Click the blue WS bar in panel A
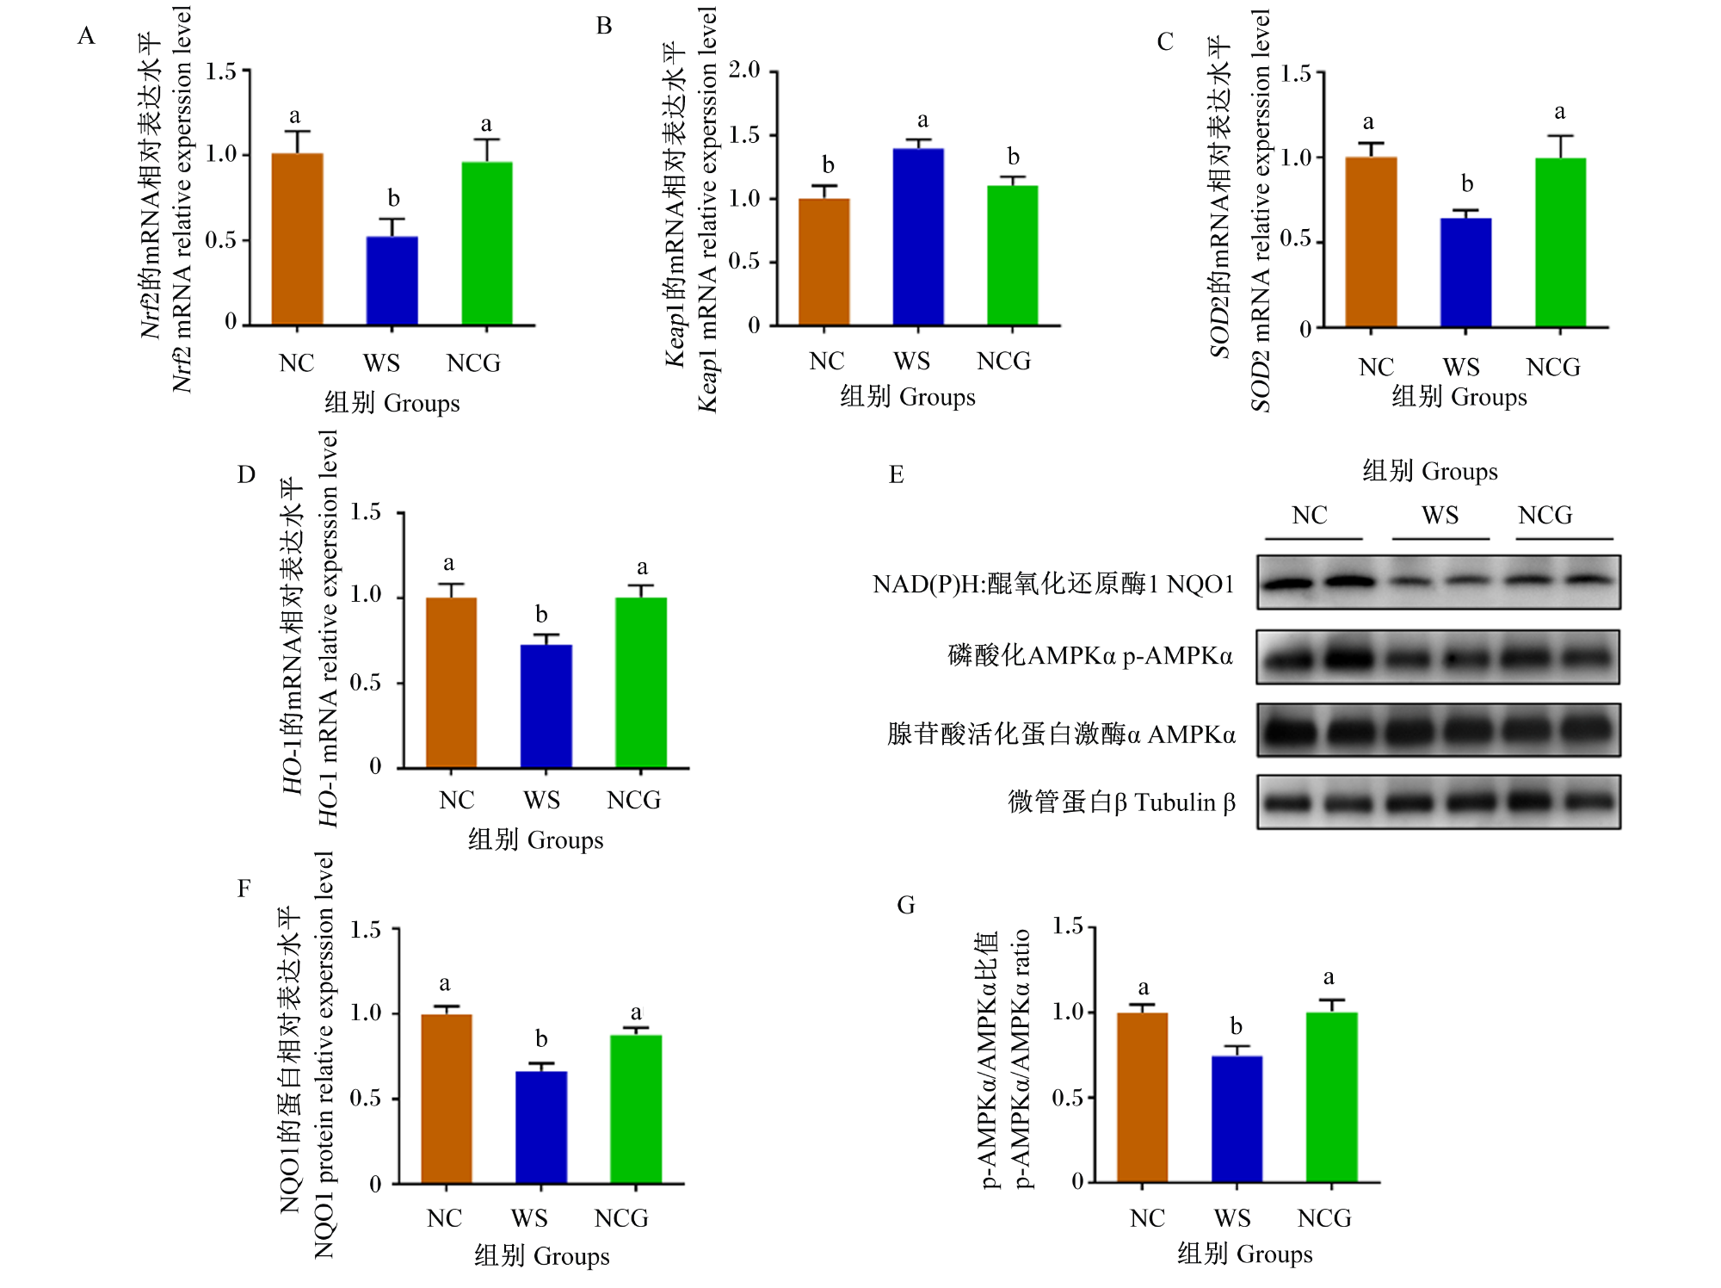coord(392,281)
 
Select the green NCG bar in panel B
coord(1013,255)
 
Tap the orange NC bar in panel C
coord(1371,242)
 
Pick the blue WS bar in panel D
coord(546,706)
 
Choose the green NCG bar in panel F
coord(636,1109)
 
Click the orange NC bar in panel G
coord(1143,1098)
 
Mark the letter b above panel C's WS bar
coord(1467,183)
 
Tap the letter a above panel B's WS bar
coord(922,120)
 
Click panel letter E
coord(897,474)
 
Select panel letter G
coord(906,905)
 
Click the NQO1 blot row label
coord(1053,584)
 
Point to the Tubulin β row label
coord(1122,802)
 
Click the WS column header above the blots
coord(1440,515)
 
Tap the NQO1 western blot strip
coord(1438,582)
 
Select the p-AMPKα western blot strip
coord(1438,657)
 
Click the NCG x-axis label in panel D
coord(634,801)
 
